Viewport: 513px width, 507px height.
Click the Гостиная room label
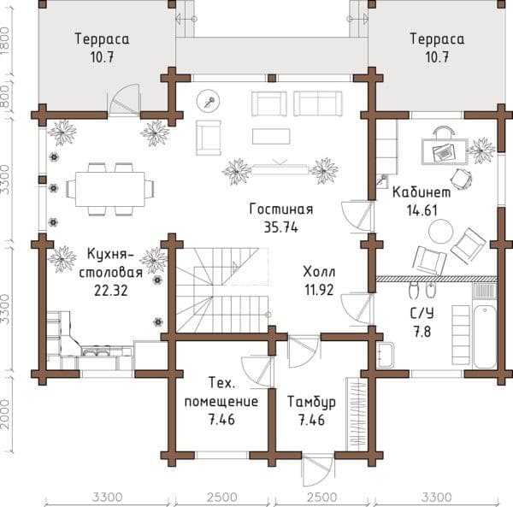281,209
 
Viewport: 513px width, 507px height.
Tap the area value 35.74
281,227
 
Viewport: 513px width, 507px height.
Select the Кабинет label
422,192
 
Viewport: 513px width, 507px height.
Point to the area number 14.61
422,210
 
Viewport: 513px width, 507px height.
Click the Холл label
319,272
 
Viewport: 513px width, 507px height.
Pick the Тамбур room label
311,402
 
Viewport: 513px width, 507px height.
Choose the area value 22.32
111,291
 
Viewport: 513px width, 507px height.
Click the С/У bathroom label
422,313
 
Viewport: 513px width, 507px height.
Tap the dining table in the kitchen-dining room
110,189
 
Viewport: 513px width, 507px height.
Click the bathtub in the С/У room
485,337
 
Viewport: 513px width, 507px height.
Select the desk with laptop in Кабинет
445,151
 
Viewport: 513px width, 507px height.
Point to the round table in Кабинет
440,231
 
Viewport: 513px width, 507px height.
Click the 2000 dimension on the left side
7,413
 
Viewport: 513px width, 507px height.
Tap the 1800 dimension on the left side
7,41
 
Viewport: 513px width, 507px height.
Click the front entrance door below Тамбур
317,471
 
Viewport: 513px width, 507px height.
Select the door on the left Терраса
124,99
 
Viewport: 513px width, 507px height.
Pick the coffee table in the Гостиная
271,137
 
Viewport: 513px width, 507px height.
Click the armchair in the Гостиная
209,138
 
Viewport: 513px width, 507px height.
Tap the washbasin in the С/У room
386,356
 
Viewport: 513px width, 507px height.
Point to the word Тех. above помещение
221,383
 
